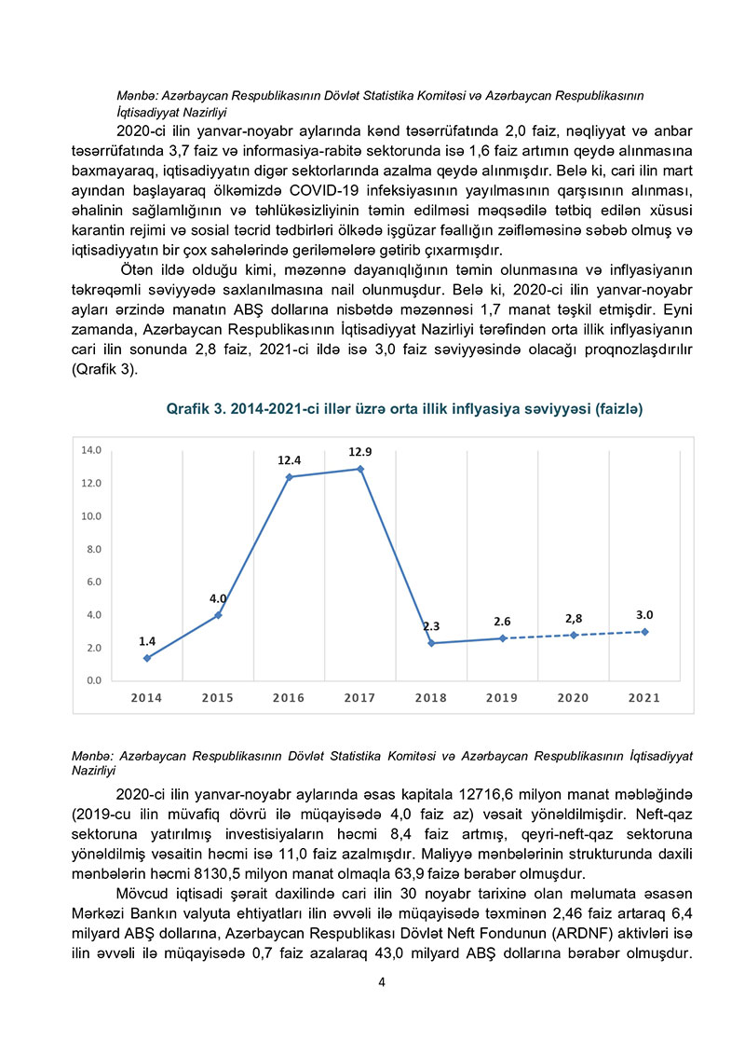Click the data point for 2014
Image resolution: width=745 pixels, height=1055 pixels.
[x=147, y=658]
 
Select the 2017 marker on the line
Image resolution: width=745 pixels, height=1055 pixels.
[x=360, y=469]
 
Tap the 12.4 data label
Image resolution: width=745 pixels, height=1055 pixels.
[x=290, y=460]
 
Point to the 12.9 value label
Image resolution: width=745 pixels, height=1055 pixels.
[x=360, y=452]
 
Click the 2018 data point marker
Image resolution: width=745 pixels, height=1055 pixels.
[x=432, y=643]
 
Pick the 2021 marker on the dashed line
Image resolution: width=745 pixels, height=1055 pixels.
[x=644, y=632]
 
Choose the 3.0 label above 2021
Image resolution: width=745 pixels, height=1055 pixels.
[x=644, y=615]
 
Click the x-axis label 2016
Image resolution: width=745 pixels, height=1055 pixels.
[x=290, y=698]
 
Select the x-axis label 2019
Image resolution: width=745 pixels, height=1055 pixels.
[x=503, y=698]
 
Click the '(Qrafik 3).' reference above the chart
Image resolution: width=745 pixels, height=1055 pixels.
[x=103, y=368]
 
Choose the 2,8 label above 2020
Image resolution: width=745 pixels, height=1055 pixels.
[x=574, y=619]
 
